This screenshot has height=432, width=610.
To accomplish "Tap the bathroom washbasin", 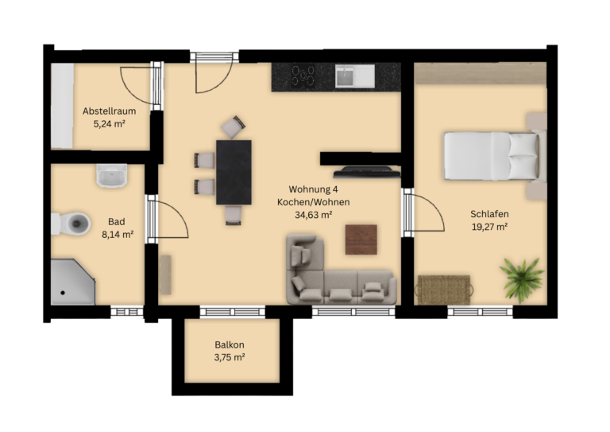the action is point(112,175).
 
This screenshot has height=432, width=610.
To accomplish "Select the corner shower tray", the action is point(72,282).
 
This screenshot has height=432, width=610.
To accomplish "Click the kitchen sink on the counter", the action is point(355,76).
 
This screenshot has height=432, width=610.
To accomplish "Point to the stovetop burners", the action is point(303,76).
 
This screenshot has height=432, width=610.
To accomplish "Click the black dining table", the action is point(234,172).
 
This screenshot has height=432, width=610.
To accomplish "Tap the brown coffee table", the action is point(361,239).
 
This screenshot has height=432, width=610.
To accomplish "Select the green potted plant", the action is point(521,278).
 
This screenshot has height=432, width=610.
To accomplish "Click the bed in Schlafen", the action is point(492,156).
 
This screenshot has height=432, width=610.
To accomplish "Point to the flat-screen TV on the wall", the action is point(367,172).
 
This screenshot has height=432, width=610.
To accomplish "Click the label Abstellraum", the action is point(110,111).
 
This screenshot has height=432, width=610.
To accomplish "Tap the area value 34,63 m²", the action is point(313,215).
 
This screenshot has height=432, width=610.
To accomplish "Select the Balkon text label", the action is point(230,344).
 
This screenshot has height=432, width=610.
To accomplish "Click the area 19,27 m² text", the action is point(489,227).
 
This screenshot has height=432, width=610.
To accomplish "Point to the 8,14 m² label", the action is point(118,235).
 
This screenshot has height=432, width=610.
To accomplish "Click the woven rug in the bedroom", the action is point(444,290).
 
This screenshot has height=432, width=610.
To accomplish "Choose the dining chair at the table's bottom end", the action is point(234,216).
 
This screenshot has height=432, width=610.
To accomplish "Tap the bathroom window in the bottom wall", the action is point(127,312).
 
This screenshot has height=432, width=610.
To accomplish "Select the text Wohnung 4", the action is point(313,189).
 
